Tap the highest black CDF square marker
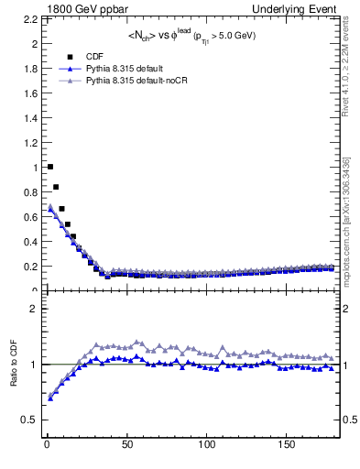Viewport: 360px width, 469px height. point(49,167)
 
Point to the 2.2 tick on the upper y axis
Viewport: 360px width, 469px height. point(34,19)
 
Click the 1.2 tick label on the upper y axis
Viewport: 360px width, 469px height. point(34,143)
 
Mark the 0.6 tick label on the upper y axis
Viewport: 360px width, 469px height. point(34,217)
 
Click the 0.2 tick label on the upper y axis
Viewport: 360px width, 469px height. point(34,267)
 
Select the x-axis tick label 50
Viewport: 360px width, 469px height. point(126,445)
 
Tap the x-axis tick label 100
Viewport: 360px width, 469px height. point(207,445)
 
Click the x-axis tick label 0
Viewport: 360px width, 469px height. point(46,445)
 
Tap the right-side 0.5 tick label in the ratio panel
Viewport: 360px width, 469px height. point(349,420)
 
